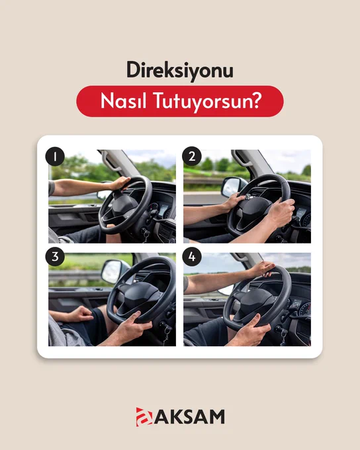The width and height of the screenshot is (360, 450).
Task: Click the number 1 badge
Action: tap(55, 156)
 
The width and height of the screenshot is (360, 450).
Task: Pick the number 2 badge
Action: tap(192, 156)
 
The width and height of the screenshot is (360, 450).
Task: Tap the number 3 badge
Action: tap(55, 257)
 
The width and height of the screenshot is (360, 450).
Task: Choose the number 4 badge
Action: tap(192, 257)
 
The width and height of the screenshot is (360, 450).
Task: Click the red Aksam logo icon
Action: tap(144, 417)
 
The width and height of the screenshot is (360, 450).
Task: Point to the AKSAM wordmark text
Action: tap(189, 417)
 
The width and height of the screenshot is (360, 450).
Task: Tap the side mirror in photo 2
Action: tap(233, 187)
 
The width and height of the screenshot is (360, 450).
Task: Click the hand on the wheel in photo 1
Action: tap(119, 183)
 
